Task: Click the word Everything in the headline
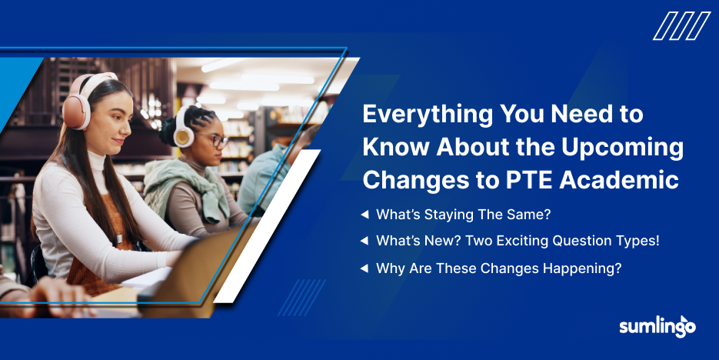427,115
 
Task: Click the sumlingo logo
657,326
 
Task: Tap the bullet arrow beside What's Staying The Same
364,215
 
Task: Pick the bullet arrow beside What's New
364,242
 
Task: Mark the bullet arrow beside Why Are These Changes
364,268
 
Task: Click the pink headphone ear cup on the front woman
75,108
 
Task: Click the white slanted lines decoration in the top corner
681,26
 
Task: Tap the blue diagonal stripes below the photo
301,298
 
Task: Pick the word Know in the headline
394,148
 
